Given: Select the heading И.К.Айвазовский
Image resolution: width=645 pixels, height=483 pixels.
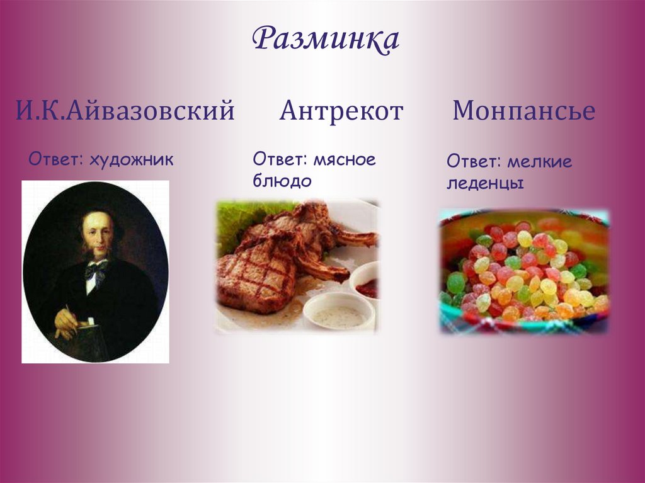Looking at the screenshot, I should click(125, 111).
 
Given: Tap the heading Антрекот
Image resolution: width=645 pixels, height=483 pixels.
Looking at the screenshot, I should click(341, 111).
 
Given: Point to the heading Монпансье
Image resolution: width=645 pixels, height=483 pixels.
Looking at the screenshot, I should click(523, 111).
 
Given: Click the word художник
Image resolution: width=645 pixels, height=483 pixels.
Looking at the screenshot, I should click(131, 159).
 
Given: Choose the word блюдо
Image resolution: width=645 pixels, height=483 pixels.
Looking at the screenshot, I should click(282, 181).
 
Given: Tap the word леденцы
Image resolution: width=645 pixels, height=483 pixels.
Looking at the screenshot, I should click(486, 184).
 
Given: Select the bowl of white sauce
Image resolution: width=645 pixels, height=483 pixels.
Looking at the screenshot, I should click(338, 312).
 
